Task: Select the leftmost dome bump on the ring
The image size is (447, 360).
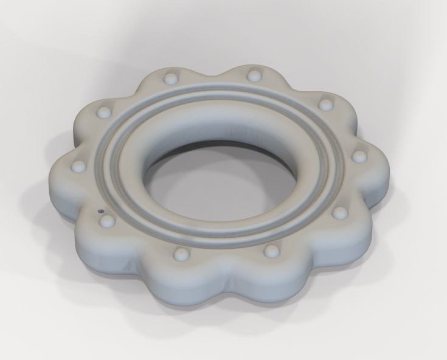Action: [x=78, y=165]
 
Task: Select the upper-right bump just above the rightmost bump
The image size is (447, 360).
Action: [x=326, y=103]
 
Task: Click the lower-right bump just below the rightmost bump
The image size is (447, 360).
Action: [x=340, y=212]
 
